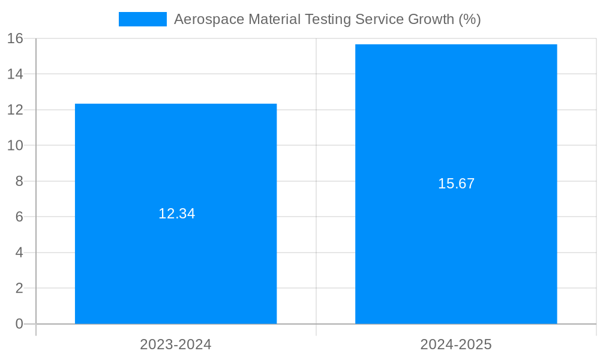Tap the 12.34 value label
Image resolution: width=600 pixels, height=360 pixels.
tap(176, 214)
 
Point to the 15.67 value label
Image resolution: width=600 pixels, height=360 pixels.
tap(456, 184)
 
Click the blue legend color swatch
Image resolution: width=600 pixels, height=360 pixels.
tap(143, 19)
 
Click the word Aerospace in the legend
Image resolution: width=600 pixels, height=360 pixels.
tap(205, 19)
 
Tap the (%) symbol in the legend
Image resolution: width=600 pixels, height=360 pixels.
tap(470, 19)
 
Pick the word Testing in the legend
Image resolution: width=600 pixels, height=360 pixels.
tap(328, 19)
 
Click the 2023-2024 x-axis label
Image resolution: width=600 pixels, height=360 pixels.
tap(176, 344)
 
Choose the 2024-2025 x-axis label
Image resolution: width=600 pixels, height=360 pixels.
tap(456, 344)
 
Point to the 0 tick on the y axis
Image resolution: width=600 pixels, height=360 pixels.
tap(19, 324)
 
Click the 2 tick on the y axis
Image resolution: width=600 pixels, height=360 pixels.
tap(19, 288)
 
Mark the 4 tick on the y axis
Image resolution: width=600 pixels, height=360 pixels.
tap(19, 253)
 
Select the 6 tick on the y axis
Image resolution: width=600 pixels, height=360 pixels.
tap(19, 217)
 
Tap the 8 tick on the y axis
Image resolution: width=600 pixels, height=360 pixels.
tap(19, 181)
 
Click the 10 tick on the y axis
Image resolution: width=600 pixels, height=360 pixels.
tap(16, 145)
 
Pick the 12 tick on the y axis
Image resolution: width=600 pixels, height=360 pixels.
tap(16, 110)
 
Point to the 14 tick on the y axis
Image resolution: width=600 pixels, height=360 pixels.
tap(16, 74)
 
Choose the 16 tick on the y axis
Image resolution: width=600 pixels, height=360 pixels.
tap(16, 38)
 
